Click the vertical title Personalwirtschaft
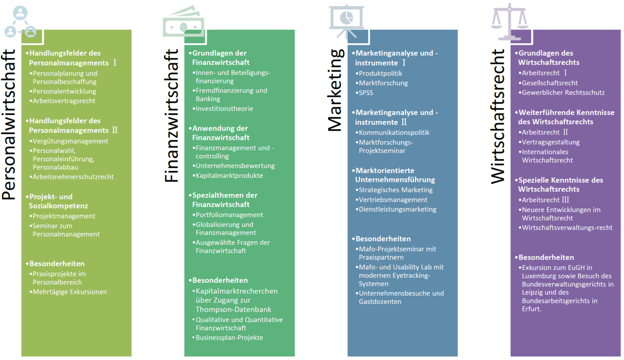pos(8,125)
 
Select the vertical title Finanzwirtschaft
pos(171,116)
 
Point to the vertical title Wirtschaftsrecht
pos(498,116)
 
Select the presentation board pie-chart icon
pos(347,21)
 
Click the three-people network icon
pos(20,22)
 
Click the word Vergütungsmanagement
pos(70,141)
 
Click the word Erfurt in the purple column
pos(531,309)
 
